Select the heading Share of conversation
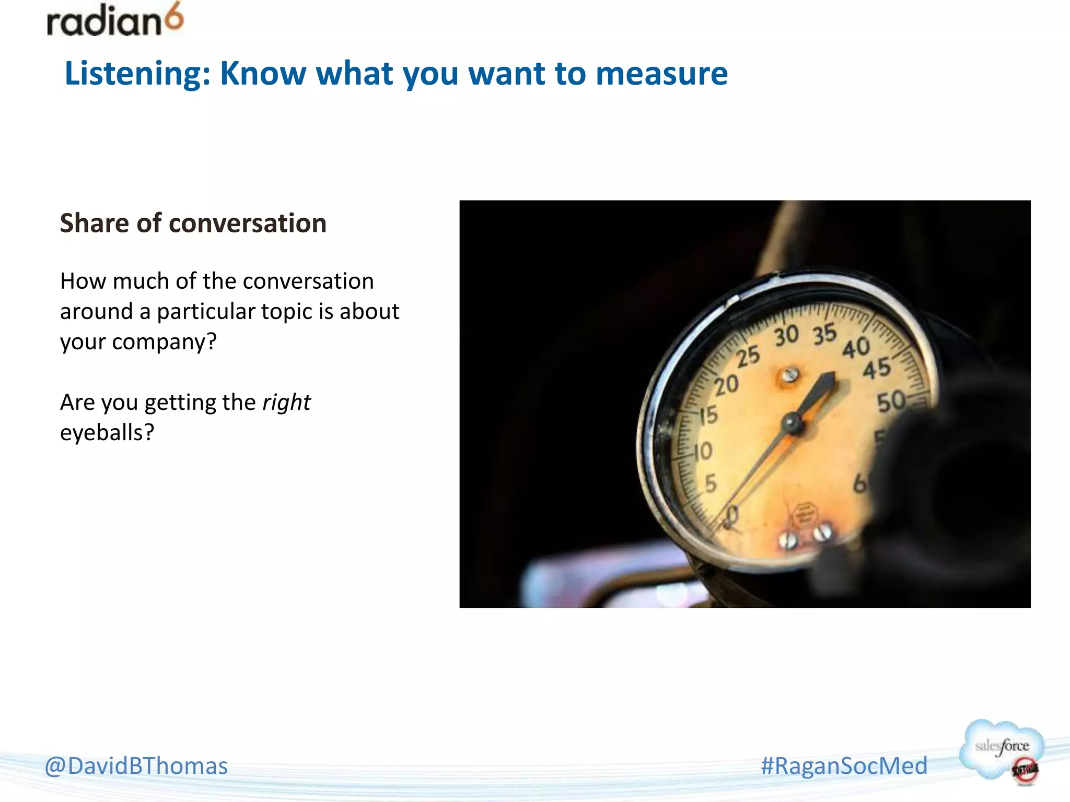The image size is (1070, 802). [193, 223]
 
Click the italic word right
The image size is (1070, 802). [286, 403]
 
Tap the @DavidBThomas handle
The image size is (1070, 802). [136, 766]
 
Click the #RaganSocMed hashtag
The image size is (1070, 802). [844, 766]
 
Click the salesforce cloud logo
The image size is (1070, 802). [1002, 750]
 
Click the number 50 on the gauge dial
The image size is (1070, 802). [891, 402]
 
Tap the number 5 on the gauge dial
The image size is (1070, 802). [711, 484]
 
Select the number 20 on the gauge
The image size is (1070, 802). [727, 386]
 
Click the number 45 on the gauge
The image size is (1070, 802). [876, 369]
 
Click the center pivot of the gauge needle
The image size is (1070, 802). [793, 423]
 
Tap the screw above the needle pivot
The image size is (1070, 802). [789, 375]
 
